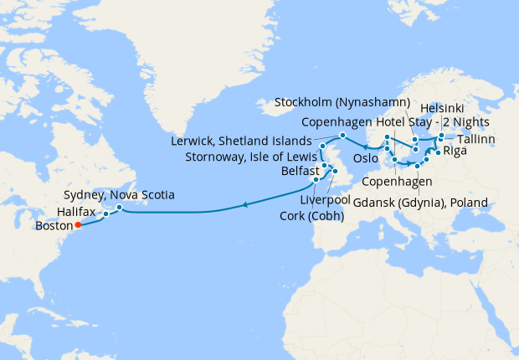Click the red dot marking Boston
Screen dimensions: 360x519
click(77, 224)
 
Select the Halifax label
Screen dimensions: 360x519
click(79, 212)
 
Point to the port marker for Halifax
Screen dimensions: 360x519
click(106, 214)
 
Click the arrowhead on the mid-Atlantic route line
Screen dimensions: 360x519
click(244, 203)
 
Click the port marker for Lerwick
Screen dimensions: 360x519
click(342, 136)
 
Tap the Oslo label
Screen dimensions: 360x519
click(367, 157)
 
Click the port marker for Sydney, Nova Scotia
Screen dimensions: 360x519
click(120, 207)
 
